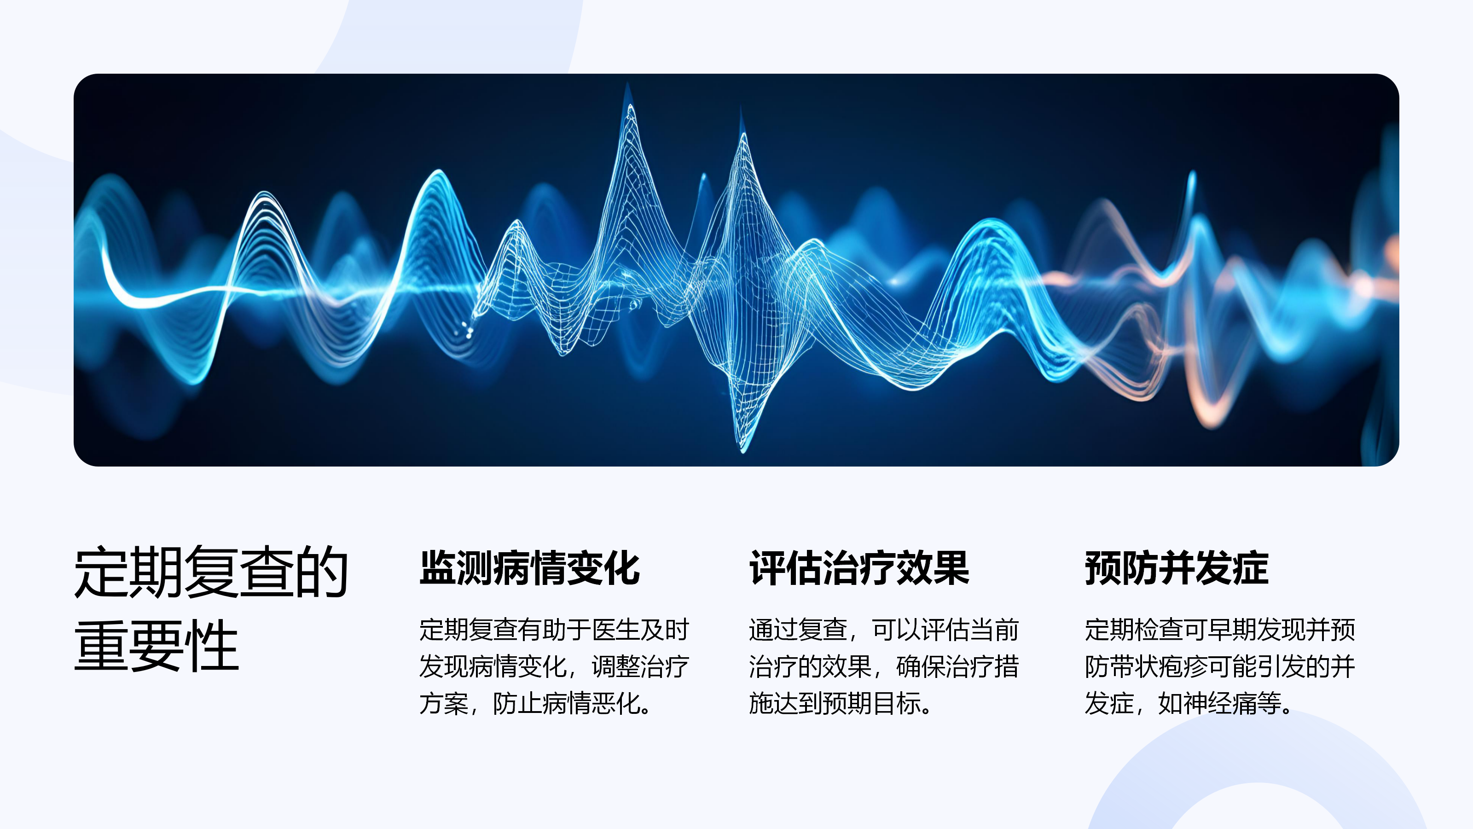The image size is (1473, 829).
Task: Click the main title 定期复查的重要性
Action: (x=212, y=608)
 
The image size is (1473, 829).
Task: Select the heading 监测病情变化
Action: (x=529, y=568)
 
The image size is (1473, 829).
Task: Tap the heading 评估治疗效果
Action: (x=859, y=568)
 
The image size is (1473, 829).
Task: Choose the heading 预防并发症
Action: (x=1177, y=568)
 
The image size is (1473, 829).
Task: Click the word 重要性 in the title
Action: (x=157, y=645)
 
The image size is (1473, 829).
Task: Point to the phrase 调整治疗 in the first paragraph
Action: (x=640, y=666)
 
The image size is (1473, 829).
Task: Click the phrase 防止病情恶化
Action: (x=566, y=703)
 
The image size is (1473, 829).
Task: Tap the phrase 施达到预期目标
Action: (x=835, y=703)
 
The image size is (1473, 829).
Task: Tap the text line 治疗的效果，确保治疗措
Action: (x=884, y=666)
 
